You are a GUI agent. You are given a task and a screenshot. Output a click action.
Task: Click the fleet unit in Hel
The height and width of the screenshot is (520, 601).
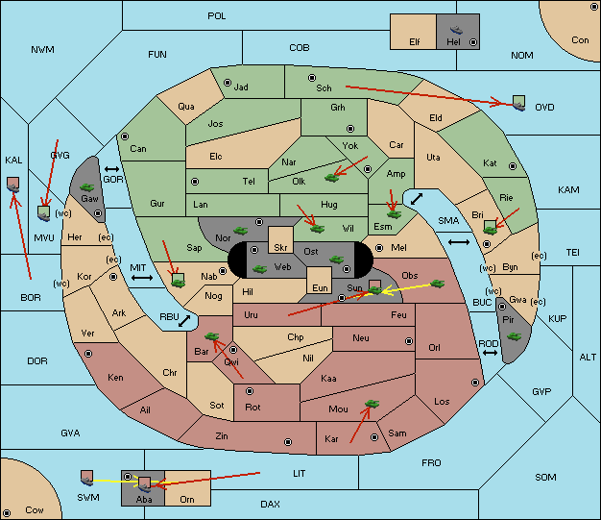point(456,30)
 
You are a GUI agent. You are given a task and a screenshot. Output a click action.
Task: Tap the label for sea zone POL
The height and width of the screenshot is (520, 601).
point(217,16)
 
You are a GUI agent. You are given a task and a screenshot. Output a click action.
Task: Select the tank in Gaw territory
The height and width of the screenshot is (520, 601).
point(87,187)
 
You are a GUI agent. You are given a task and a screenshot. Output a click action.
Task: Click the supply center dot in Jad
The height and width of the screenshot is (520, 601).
point(228,83)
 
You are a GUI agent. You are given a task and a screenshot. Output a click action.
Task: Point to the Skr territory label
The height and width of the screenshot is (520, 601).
point(280,248)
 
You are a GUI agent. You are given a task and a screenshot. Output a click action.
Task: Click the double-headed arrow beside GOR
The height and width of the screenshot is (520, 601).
point(111,169)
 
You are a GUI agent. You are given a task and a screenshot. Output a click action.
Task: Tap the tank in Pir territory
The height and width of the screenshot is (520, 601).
point(514,336)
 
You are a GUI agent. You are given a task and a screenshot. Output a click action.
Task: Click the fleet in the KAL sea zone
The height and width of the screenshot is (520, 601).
point(13,185)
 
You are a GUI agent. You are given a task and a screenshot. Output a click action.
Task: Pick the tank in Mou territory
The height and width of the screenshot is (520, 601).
point(373,404)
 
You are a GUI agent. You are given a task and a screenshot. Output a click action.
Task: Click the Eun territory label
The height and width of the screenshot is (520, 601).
point(320,287)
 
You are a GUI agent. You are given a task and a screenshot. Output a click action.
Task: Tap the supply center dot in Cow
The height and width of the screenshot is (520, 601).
point(7,513)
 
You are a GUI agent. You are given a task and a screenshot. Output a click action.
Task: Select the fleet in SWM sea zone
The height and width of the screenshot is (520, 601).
point(87,478)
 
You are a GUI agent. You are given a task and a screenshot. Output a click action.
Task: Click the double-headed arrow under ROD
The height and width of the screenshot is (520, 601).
point(490,353)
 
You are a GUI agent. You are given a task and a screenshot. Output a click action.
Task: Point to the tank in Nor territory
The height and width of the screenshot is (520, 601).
point(240,231)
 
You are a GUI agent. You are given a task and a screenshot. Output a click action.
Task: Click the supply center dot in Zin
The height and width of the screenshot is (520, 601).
point(288,442)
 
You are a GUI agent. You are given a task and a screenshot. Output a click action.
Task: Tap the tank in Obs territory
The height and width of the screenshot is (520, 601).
point(438,284)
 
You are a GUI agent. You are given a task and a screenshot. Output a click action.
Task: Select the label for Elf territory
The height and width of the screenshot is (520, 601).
point(415,42)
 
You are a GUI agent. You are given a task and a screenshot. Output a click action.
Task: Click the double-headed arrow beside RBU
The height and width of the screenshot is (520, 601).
point(184,321)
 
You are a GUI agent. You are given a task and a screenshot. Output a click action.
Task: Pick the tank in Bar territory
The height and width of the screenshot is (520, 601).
point(211,336)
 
